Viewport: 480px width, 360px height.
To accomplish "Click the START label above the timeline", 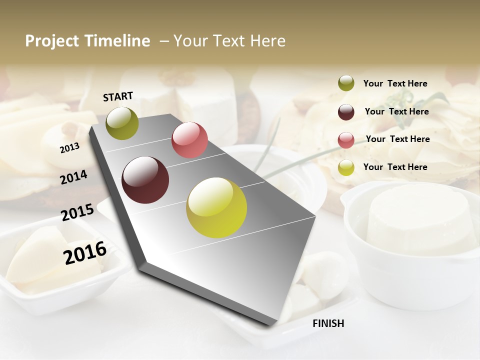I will coord(118,96).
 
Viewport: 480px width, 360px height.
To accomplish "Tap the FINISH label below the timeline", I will coord(328,323).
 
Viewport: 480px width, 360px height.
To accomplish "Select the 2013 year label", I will coord(69,148).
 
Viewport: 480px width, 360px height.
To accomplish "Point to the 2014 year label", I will coord(73,177).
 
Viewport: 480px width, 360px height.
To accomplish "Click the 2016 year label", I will coord(85,252).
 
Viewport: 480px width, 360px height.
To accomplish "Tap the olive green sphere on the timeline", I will coord(122,123).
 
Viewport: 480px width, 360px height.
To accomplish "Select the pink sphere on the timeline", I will coord(189,140).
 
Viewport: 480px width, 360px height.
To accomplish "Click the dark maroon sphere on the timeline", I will coord(145,180).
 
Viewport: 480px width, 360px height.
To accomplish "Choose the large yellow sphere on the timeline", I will coord(216,207).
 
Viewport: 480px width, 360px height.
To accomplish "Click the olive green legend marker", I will coord(346,83).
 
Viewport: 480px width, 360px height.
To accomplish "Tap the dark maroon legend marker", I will coord(346,112).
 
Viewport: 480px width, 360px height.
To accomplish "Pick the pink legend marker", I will coord(346,139).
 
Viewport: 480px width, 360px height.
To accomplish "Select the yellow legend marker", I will coord(346,167).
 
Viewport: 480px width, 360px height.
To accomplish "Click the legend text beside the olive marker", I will coord(395,84).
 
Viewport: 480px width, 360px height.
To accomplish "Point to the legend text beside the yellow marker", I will coord(395,167).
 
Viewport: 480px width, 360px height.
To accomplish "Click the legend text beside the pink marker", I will coord(397,139).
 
